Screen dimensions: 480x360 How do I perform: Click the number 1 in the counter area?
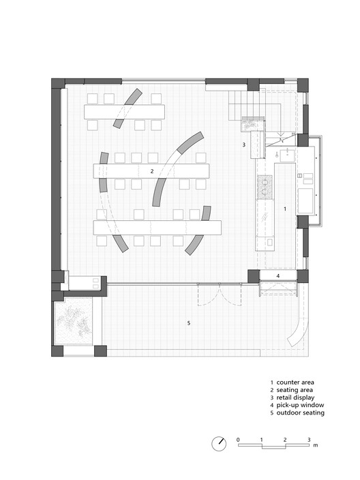point(285,207)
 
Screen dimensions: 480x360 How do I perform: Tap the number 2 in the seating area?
point(152,171)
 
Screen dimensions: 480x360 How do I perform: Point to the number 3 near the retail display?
point(243,145)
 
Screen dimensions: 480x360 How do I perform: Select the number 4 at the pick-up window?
point(277,275)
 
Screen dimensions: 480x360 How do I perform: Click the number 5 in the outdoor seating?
point(189,322)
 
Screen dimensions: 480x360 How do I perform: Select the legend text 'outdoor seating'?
point(303,413)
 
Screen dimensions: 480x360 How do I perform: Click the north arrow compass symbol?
point(219,442)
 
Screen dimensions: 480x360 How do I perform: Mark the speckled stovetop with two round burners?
point(264,186)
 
